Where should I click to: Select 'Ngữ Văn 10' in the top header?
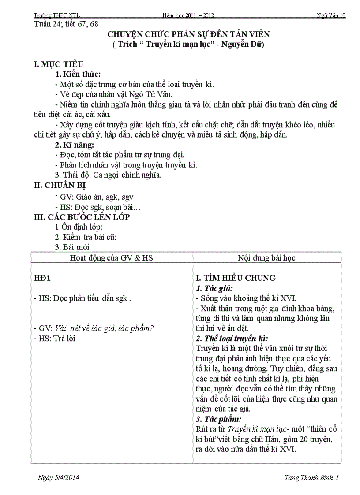tap(331, 15)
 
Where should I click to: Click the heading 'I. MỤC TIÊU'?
tap(59, 64)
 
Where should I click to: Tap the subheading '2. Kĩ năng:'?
tap(74, 145)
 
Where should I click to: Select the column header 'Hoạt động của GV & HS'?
tap(112, 257)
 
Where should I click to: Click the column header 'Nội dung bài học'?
tap(267, 257)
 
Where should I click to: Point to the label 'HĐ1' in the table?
tap(43, 278)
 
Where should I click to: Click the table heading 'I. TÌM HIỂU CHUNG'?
tap(236, 278)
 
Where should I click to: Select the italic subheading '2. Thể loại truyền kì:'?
tap(232, 339)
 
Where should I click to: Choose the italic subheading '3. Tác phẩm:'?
tap(218, 419)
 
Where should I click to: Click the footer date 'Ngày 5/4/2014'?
tap(59, 477)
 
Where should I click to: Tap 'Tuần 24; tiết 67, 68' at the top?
tap(66, 24)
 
